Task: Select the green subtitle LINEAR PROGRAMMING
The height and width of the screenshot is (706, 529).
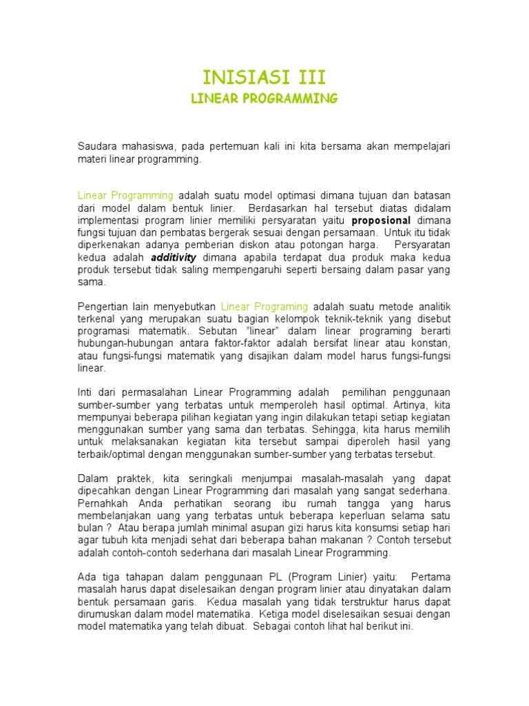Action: pyautogui.click(x=264, y=99)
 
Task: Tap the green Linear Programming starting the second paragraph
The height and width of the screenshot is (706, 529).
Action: pyautogui.click(x=125, y=195)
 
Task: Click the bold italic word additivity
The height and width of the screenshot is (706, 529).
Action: pyautogui.click(x=174, y=257)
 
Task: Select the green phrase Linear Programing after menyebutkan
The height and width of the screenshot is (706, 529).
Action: pyautogui.click(x=264, y=306)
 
